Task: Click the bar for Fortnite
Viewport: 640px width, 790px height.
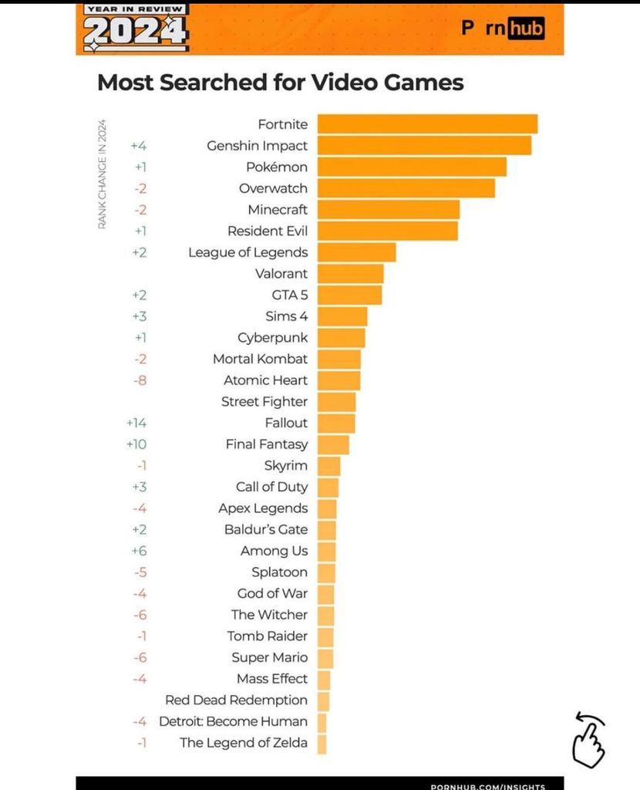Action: click(427, 124)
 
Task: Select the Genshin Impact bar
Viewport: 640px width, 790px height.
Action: click(424, 146)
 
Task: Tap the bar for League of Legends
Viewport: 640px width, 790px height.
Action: click(356, 252)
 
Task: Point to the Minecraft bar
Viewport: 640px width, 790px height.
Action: click(389, 210)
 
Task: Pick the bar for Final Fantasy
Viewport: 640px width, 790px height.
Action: click(333, 444)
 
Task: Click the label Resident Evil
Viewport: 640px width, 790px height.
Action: click(267, 231)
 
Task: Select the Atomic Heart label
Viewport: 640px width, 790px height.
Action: click(265, 380)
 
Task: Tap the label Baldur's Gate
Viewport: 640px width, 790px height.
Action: click(265, 529)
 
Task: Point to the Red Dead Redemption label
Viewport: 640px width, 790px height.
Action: click(236, 700)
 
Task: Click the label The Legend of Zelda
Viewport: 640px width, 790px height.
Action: click(244, 743)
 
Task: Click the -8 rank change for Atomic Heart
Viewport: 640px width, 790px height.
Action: click(140, 380)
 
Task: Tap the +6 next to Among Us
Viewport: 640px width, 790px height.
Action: click(139, 551)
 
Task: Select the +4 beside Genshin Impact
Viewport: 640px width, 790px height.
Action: click(139, 146)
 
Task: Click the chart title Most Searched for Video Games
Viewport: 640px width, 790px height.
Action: click(280, 83)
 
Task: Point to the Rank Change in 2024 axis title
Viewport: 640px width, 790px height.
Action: click(102, 174)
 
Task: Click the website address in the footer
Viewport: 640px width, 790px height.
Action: click(487, 785)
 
